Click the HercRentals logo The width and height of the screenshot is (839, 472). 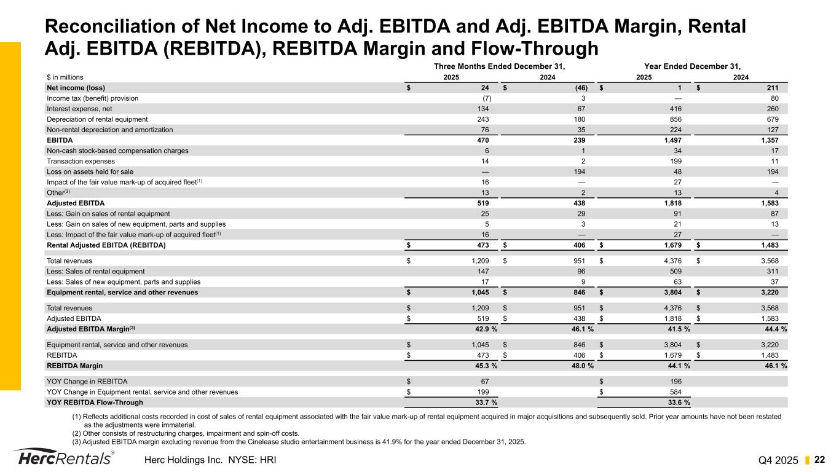(63, 459)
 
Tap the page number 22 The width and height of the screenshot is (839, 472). (819, 460)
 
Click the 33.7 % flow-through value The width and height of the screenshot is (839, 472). (484, 403)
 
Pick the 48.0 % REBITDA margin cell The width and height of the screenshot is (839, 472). (580, 366)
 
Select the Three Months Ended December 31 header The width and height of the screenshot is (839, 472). (499, 66)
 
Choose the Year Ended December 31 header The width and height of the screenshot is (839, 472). (692, 66)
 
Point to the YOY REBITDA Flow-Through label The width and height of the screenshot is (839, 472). (95, 403)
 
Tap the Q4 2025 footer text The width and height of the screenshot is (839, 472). (779, 460)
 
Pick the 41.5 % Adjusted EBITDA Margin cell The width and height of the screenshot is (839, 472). (677, 329)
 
